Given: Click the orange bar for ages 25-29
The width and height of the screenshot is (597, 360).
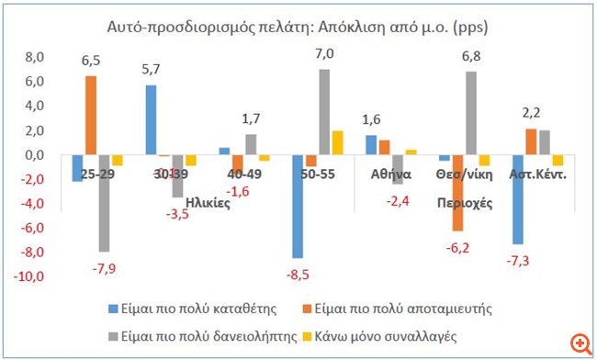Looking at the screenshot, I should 91,115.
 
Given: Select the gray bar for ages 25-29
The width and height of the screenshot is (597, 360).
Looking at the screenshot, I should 104,203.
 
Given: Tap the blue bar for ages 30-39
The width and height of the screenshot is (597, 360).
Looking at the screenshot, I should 151,120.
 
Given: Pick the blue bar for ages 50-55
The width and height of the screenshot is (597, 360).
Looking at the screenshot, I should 298,207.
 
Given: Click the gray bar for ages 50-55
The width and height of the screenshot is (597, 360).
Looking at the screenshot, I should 324,112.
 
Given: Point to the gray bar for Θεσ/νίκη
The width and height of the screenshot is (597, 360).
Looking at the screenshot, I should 471,113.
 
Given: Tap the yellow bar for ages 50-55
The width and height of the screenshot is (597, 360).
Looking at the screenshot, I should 337,143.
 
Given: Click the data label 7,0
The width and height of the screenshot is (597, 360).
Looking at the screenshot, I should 324,55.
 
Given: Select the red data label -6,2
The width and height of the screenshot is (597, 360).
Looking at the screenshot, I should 458,247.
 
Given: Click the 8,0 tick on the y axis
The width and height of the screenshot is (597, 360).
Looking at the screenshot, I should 32,57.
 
